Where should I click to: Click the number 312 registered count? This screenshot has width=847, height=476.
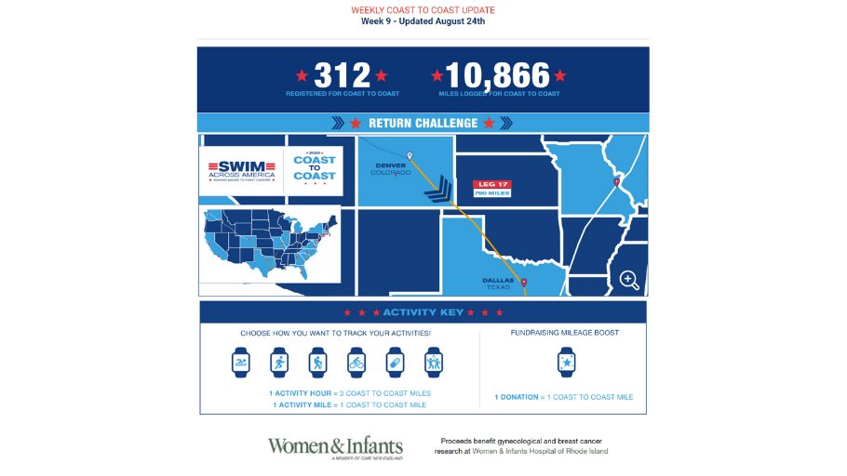point(342,75)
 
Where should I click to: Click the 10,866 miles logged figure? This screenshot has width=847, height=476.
point(497,75)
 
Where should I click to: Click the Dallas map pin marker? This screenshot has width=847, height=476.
point(523,283)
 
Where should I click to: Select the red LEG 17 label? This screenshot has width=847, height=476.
point(492,183)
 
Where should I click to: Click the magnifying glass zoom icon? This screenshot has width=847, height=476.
point(628,279)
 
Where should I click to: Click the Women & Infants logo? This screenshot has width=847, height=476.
point(336,446)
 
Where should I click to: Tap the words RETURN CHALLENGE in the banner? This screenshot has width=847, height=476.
point(423,123)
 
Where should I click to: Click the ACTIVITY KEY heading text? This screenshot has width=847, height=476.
point(423,312)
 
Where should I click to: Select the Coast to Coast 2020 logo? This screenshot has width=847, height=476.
point(315,170)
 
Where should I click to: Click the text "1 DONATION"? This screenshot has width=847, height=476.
point(517,397)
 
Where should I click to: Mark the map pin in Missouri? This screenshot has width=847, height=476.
point(616,182)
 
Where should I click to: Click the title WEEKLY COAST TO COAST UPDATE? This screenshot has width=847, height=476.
point(423,9)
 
